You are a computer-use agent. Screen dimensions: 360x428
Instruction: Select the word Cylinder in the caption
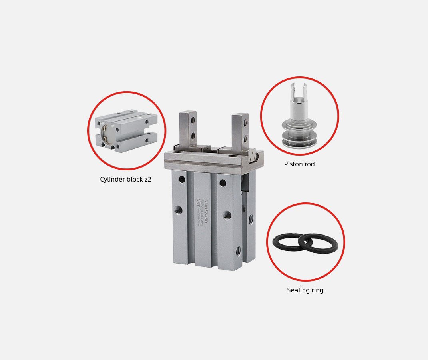[112, 180]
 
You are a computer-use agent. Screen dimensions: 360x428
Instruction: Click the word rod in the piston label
[309, 164]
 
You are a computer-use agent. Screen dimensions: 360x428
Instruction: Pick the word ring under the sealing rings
[317, 290]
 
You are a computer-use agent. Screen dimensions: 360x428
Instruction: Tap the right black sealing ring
[319, 244]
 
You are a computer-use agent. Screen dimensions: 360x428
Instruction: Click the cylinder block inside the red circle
[126, 131]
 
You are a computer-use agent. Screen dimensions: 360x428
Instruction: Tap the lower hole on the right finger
[245, 138]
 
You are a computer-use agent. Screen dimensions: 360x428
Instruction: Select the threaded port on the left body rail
[179, 210]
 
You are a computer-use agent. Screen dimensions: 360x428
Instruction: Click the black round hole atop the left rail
[182, 179]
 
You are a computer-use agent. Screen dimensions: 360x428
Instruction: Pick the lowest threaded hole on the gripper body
[238, 251]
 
